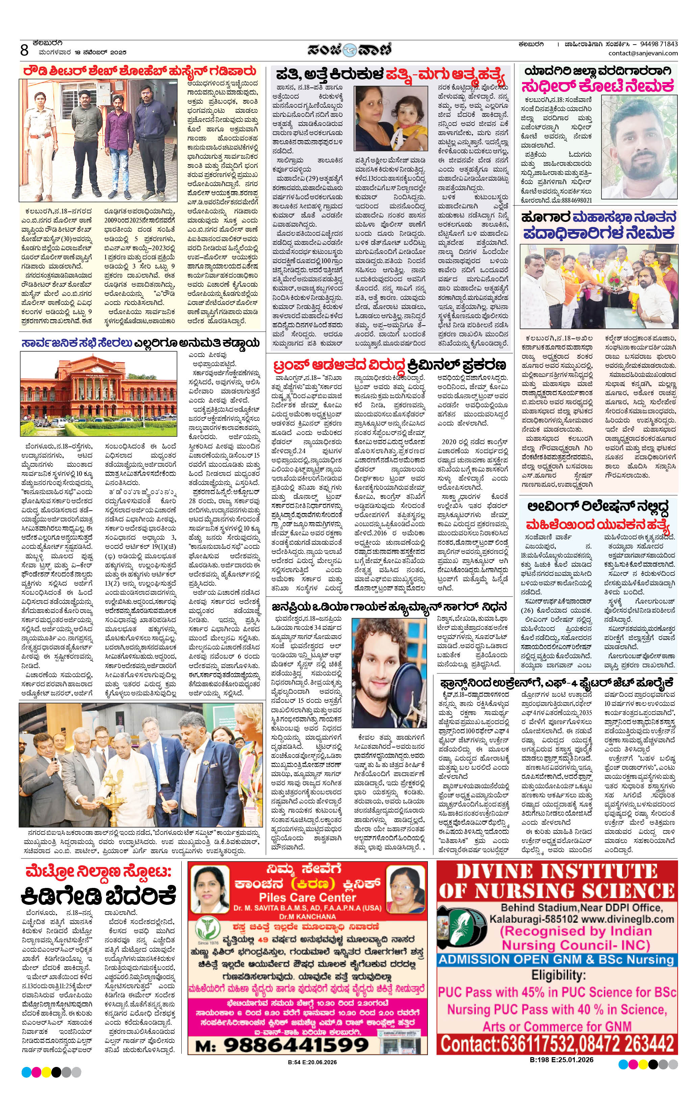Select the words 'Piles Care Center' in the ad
pyautogui.click(x=308, y=897)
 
